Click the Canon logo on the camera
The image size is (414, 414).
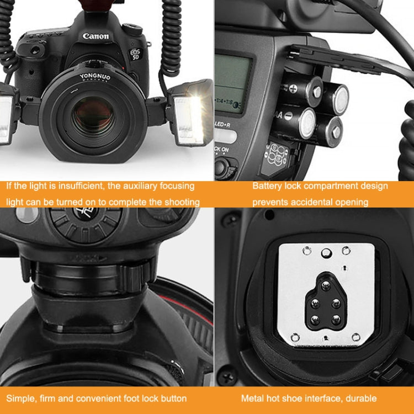[x=96, y=36]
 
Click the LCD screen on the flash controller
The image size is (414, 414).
[x=231, y=83]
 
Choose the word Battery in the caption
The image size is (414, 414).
[x=267, y=186]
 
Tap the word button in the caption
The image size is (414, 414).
[x=172, y=398]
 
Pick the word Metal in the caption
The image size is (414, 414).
[x=252, y=398]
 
